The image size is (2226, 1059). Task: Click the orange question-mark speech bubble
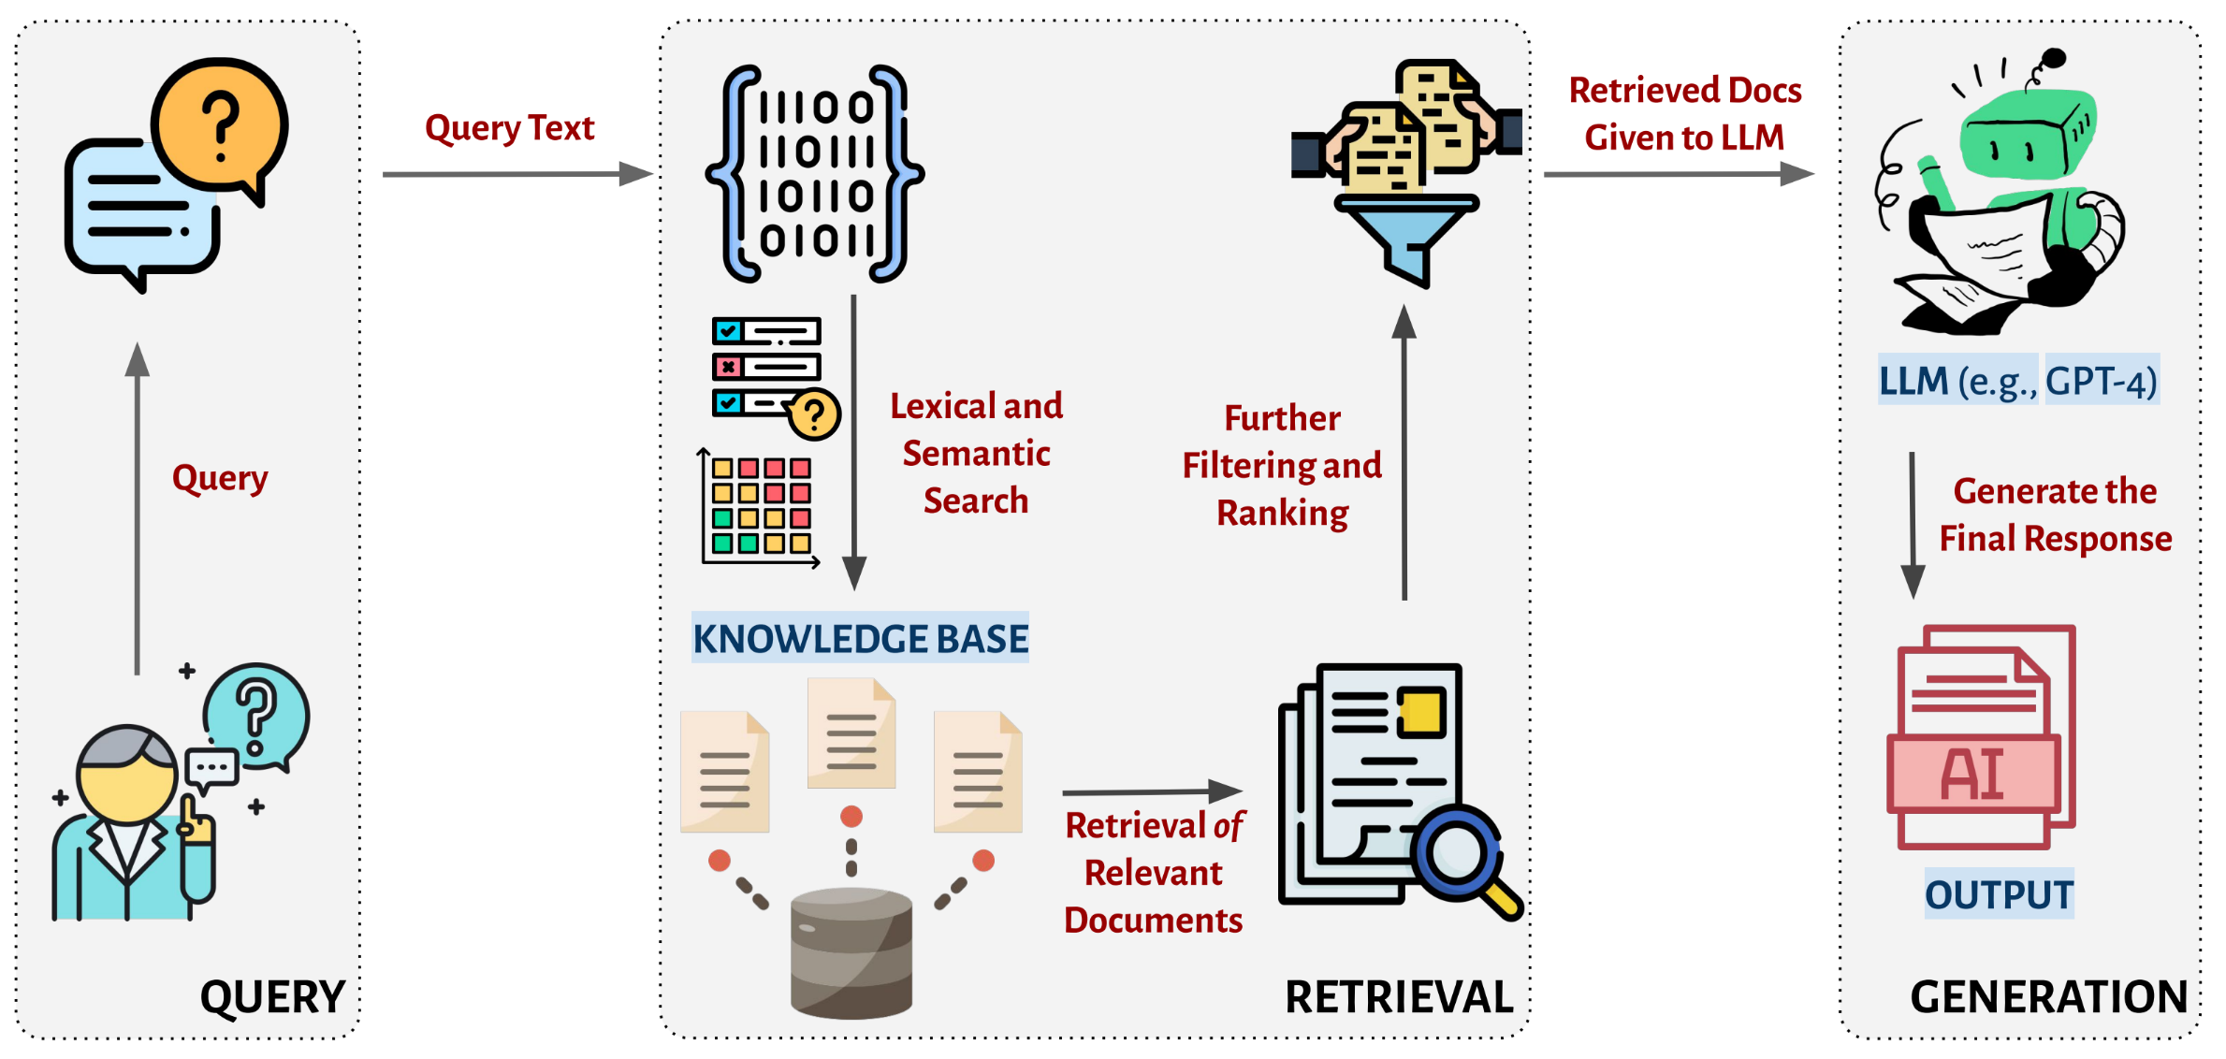point(221,126)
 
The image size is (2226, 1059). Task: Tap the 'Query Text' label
point(509,127)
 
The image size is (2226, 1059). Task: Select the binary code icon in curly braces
point(815,174)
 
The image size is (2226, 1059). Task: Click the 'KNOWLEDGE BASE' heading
point(860,638)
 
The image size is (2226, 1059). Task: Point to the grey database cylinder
point(851,952)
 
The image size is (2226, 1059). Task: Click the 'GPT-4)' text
point(2102,381)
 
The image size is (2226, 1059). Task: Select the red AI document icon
point(1982,737)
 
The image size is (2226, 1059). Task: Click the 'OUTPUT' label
point(1999,894)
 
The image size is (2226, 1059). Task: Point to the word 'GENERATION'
point(2048,996)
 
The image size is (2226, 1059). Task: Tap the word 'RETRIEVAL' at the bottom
point(1399,996)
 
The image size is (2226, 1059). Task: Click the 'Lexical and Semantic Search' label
point(976,453)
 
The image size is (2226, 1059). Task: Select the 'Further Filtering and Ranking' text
point(1282,465)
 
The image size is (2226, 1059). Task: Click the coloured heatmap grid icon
point(761,506)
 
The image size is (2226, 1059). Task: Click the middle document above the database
point(851,733)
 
